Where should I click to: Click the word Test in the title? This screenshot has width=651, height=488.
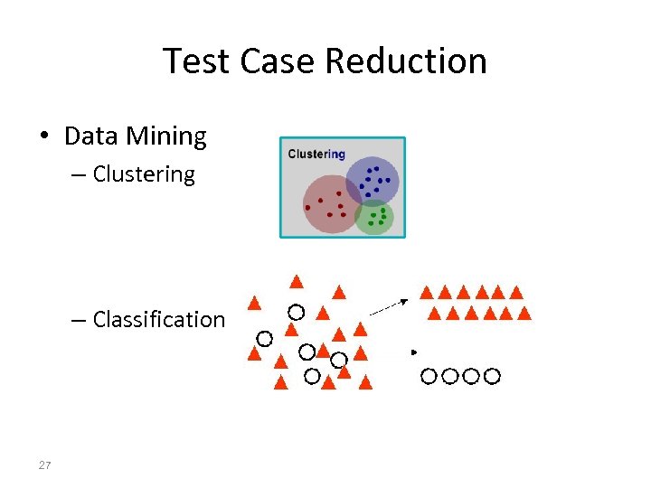193,61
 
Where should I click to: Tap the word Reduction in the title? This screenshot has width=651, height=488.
406,61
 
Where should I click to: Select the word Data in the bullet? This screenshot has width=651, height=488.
91,136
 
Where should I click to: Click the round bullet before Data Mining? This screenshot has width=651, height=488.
43,137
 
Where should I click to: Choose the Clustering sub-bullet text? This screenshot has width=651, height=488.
144,174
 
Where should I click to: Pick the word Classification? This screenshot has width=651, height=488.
158,319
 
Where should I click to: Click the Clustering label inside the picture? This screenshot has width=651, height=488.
316,154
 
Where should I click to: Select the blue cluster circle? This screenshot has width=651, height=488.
372,182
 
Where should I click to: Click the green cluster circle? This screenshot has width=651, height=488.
375,217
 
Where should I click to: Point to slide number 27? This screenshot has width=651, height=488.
45,465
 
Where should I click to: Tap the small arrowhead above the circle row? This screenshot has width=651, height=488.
414,351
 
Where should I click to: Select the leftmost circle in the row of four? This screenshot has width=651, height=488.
429,375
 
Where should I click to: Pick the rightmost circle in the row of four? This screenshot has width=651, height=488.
492,375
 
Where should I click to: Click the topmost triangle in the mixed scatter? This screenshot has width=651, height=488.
296,280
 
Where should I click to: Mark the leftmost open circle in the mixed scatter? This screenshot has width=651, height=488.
264,339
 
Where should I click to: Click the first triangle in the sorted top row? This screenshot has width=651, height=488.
426,292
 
